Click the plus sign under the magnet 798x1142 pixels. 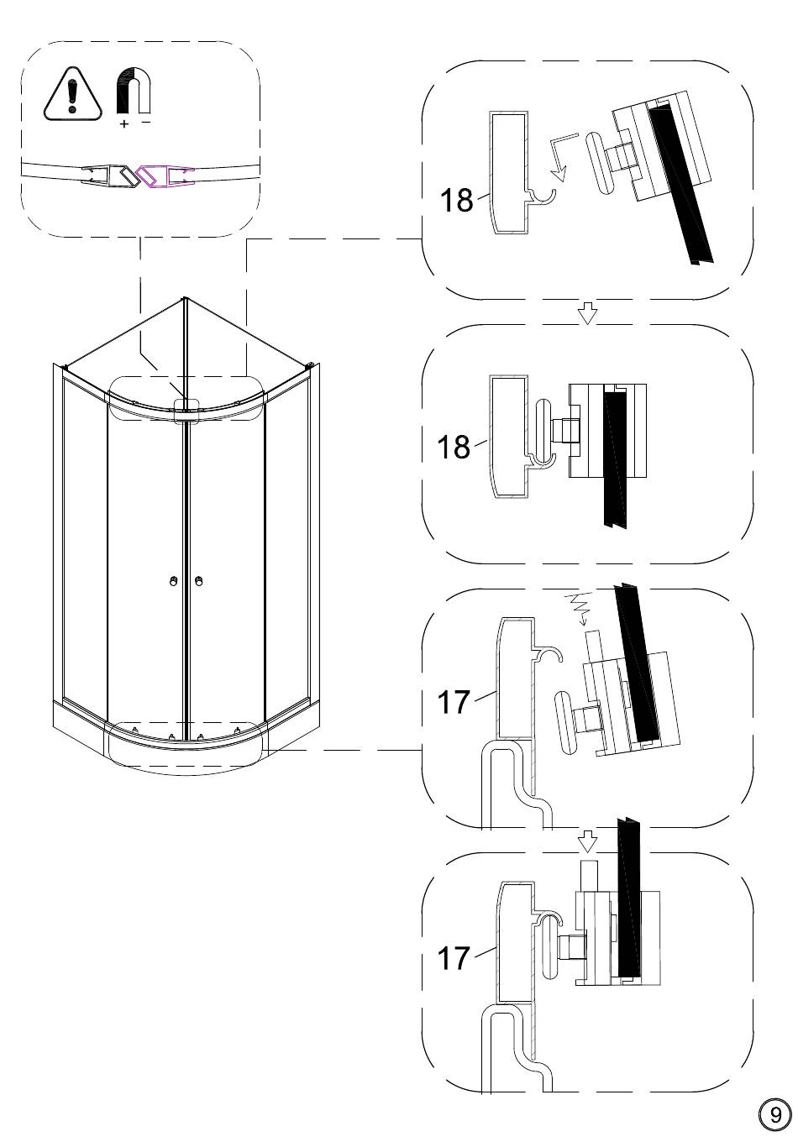124,124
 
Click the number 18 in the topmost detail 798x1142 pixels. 456,202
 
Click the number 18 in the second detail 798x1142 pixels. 454,447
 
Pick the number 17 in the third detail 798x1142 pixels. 454,702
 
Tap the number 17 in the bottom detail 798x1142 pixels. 454,958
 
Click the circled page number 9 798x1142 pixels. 774,1115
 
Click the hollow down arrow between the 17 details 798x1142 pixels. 588,841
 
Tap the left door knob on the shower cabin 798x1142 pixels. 173,581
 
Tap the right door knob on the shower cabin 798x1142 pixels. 199,581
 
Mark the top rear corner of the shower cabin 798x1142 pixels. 184,297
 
